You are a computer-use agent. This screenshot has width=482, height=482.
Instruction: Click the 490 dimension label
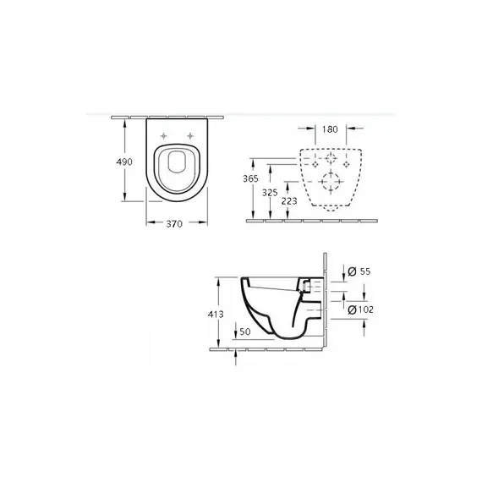(x=124, y=162)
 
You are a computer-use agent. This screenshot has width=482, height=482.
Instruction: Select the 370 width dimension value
(x=174, y=224)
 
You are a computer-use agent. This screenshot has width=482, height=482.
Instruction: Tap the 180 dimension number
(x=330, y=129)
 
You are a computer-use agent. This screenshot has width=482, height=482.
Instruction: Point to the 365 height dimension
(x=250, y=178)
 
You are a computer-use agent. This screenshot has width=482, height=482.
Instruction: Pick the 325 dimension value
(x=270, y=193)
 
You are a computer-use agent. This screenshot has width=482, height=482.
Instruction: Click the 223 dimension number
(x=289, y=201)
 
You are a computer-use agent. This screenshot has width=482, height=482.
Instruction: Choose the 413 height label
(x=216, y=315)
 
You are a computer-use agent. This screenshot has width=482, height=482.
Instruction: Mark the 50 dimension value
(x=245, y=331)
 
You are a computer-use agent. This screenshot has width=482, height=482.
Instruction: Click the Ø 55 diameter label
(x=359, y=271)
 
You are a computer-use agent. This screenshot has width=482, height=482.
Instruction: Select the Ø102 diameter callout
(x=360, y=309)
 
